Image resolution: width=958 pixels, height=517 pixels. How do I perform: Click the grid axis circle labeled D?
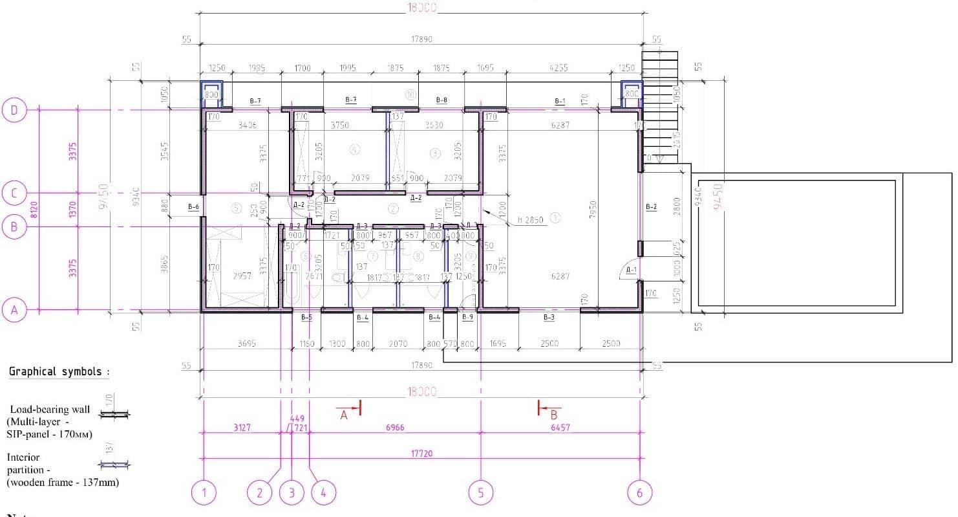14,111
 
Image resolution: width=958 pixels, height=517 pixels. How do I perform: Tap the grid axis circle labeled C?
14,193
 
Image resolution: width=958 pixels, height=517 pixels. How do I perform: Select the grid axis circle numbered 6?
639,494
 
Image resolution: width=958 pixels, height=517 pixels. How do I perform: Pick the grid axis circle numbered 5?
480,494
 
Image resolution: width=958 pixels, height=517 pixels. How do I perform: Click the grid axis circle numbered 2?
260,494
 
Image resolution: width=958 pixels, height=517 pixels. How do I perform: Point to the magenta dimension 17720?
421,454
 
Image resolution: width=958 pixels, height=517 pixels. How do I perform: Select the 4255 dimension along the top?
559,68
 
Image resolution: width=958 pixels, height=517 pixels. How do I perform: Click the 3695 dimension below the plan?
246,344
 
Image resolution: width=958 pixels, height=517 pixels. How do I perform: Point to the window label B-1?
560,101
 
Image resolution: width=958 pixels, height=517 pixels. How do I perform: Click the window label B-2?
651,207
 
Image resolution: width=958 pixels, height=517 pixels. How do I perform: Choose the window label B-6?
193,207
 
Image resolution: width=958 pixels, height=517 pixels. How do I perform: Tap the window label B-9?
467,317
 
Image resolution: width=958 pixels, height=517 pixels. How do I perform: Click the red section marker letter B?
553,415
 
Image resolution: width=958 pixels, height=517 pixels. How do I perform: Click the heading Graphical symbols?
59,372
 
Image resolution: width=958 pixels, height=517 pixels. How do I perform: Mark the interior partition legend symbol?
114,464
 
